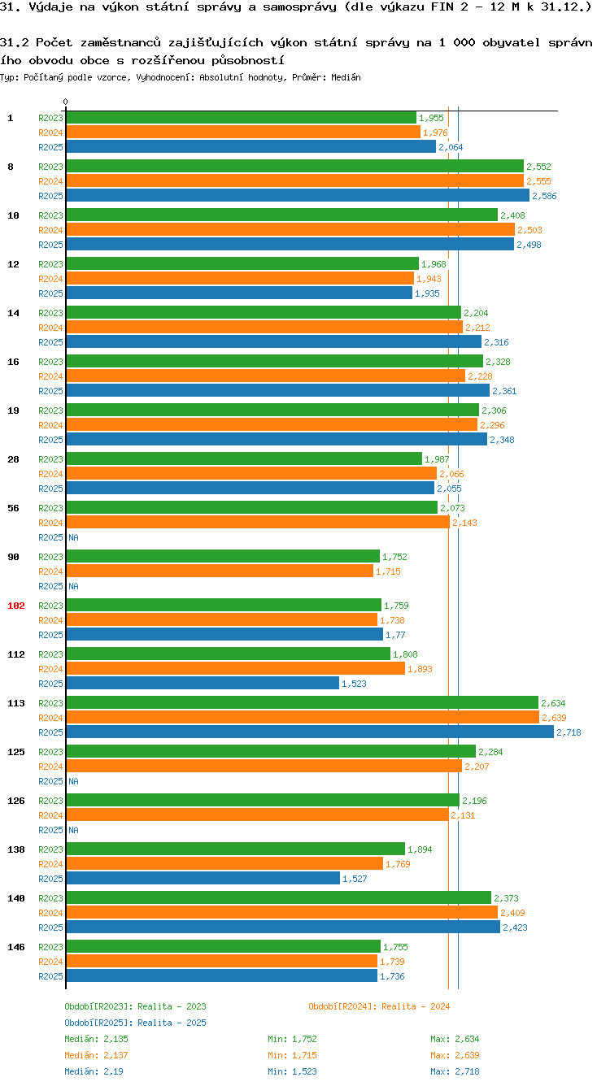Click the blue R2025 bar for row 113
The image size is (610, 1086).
[x=309, y=732]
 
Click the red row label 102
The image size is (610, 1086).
[x=16, y=606]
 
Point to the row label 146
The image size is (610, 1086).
[x=16, y=947]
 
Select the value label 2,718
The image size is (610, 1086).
[x=569, y=732]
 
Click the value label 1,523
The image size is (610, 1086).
[x=354, y=684]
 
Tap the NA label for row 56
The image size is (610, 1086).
[x=73, y=537]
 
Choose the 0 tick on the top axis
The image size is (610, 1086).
[x=65, y=102]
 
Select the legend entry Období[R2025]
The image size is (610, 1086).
[x=98, y=1023]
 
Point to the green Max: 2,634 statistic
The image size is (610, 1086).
[x=455, y=1039]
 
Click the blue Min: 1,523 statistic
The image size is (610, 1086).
[x=292, y=1071]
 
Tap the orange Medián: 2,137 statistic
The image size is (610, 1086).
[x=96, y=1055]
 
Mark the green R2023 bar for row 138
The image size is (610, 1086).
[x=235, y=849]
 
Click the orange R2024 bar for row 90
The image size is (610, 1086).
[x=220, y=571]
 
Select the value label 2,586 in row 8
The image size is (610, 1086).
[x=544, y=196]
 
